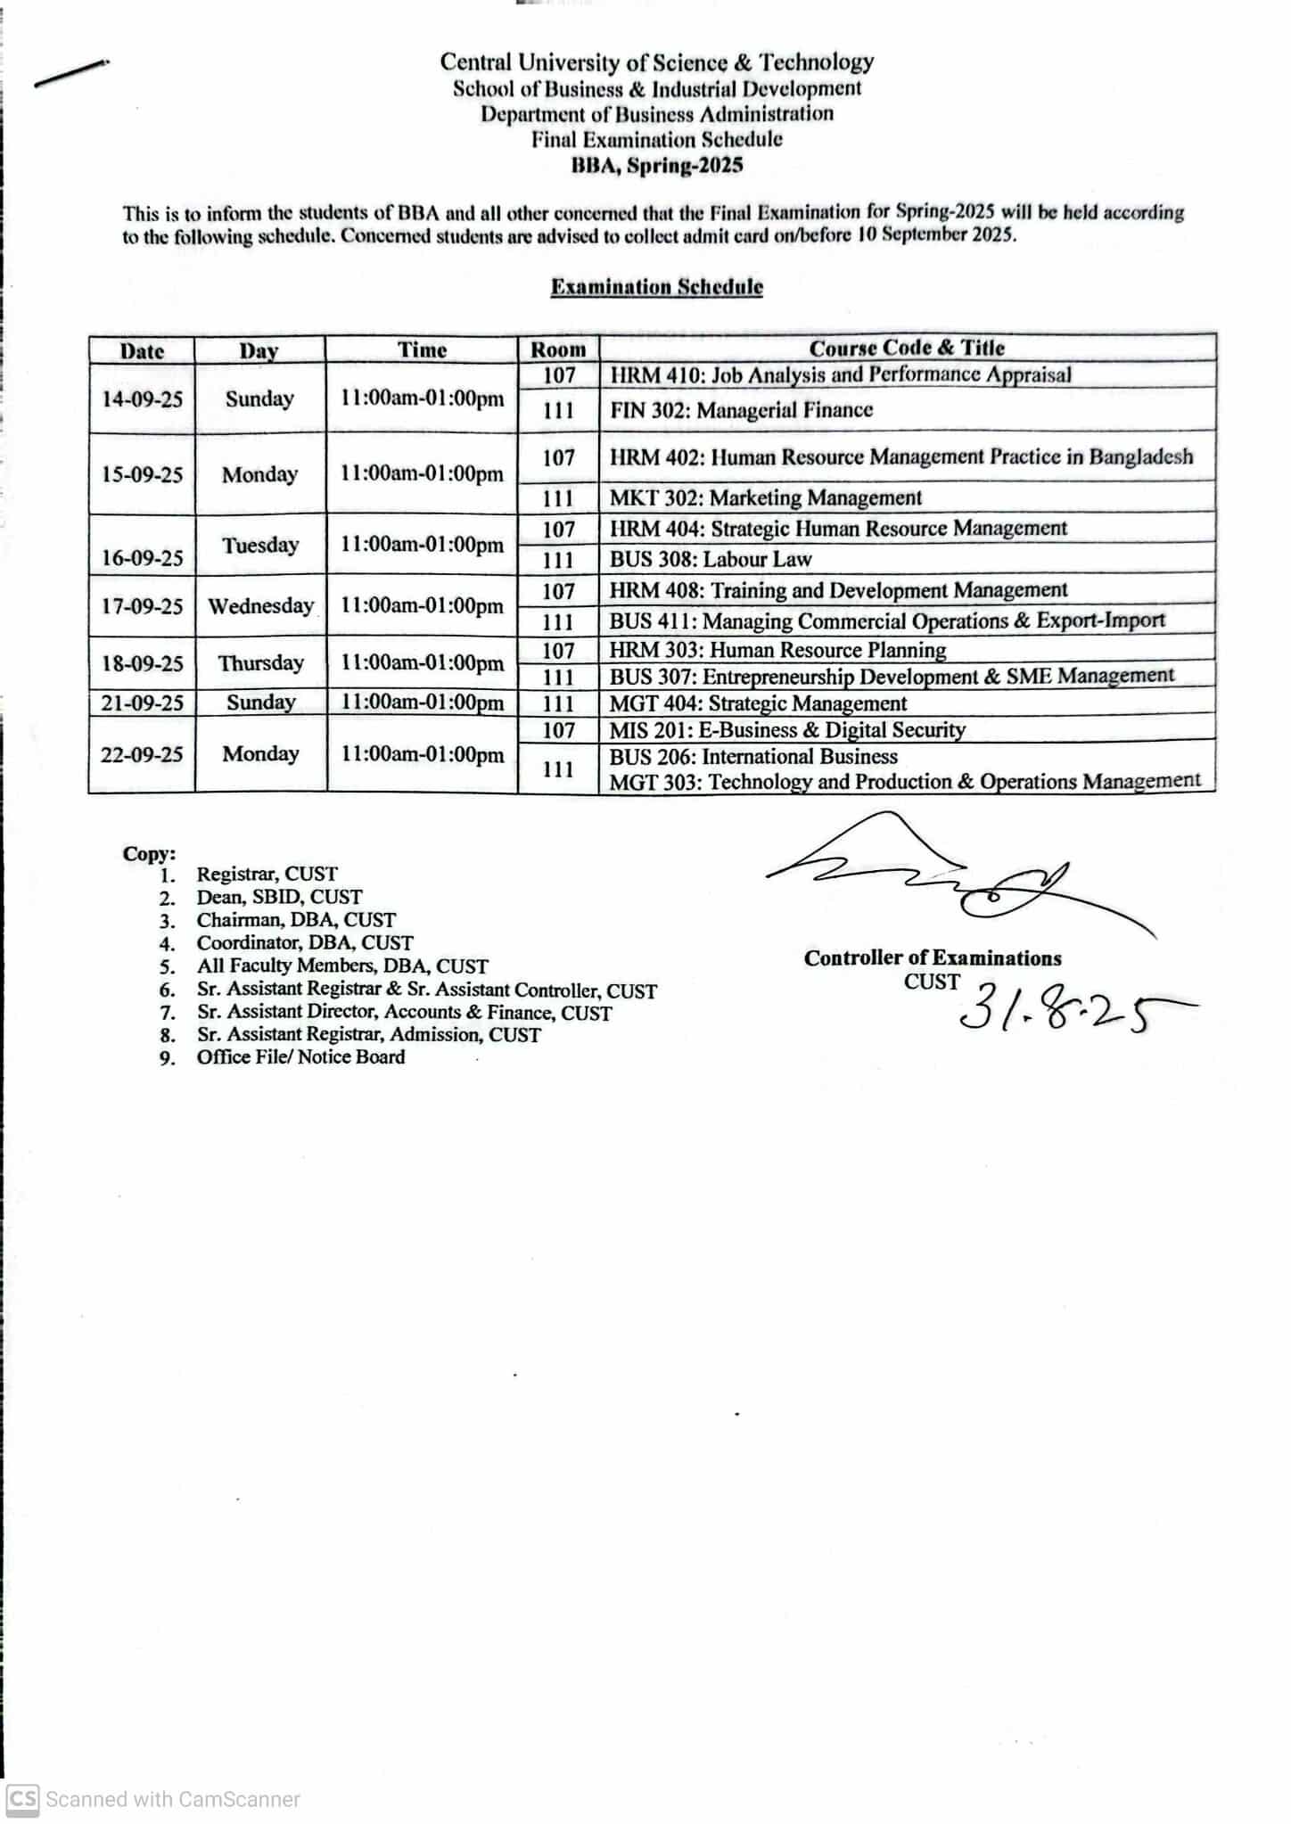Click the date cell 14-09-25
click(142, 398)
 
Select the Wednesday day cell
click(260, 606)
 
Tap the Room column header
click(558, 349)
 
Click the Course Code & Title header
click(907, 348)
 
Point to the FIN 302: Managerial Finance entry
click(741, 410)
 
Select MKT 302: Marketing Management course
click(765, 497)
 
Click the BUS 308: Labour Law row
click(711, 559)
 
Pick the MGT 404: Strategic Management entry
click(758, 703)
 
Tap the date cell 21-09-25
click(142, 703)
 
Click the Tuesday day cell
click(259, 545)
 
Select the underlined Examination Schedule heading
click(656, 287)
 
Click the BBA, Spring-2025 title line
click(656, 165)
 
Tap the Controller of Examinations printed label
click(933, 958)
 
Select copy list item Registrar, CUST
click(267, 875)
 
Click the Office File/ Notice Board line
click(300, 1057)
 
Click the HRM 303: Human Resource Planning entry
click(777, 650)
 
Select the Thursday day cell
click(260, 663)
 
